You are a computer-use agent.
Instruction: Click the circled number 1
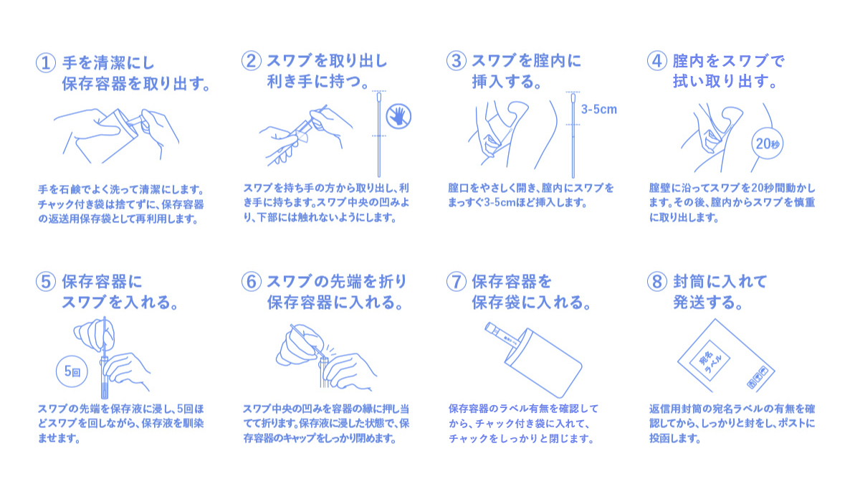[x=46, y=62]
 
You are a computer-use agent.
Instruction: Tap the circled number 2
[x=252, y=61]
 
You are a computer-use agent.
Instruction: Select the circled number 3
[x=457, y=61]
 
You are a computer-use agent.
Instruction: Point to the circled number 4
[x=657, y=61]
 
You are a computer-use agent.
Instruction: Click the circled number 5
[x=46, y=282]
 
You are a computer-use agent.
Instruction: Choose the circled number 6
[x=252, y=282]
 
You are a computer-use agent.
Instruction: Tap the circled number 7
[x=457, y=282]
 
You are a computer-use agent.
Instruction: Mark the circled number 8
[x=657, y=282]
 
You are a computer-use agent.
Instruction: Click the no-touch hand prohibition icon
[x=398, y=116]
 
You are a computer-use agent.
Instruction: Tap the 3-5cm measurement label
[x=599, y=110]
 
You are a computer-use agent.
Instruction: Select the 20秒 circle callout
[x=767, y=143]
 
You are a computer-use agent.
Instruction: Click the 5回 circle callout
[x=72, y=371]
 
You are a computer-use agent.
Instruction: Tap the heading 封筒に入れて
[x=720, y=282]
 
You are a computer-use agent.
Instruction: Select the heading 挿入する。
[x=507, y=82]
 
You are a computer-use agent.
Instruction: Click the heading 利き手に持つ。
[x=317, y=82]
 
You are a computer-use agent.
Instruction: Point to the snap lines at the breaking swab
[x=330, y=351]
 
